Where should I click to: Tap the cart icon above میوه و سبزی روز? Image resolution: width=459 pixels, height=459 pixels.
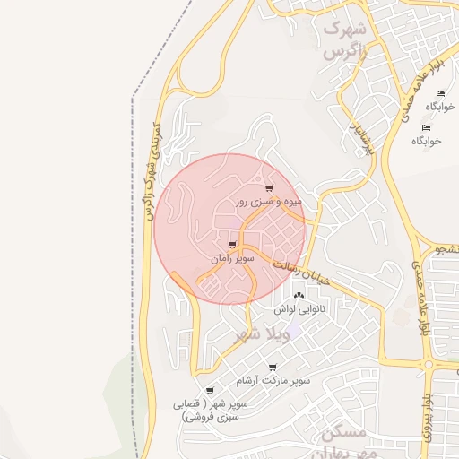[x=269, y=188]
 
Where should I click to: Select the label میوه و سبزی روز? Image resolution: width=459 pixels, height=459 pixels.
[x=270, y=203]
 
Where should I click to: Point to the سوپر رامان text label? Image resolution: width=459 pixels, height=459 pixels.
[x=233, y=258]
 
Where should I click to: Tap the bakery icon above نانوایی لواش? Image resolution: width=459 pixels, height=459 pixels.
[x=299, y=295]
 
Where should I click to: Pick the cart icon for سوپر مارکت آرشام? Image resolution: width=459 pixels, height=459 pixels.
[x=273, y=367]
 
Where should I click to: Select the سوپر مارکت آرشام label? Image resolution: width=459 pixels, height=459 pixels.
[x=273, y=381]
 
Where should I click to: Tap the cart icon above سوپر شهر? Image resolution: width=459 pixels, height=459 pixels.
[x=210, y=391]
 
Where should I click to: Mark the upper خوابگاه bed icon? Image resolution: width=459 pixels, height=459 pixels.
[x=439, y=94]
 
